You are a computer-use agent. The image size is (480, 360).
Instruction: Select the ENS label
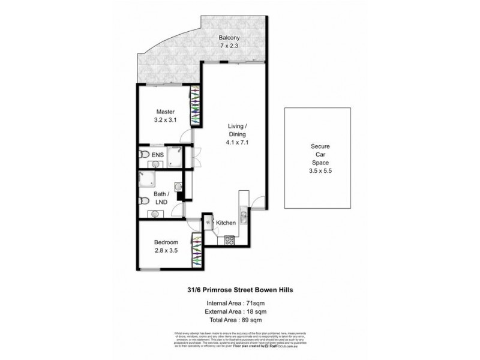(158, 155)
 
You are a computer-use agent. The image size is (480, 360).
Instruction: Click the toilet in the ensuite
(141, 156)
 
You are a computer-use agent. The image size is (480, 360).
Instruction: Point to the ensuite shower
(177, 156)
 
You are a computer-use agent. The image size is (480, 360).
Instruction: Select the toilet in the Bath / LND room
(142, 201)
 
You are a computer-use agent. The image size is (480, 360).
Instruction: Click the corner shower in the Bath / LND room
(146, 178)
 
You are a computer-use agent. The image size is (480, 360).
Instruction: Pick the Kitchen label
(226, 223)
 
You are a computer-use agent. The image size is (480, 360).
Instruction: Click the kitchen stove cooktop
(229, 241)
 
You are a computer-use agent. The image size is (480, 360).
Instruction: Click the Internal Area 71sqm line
(239, 302)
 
